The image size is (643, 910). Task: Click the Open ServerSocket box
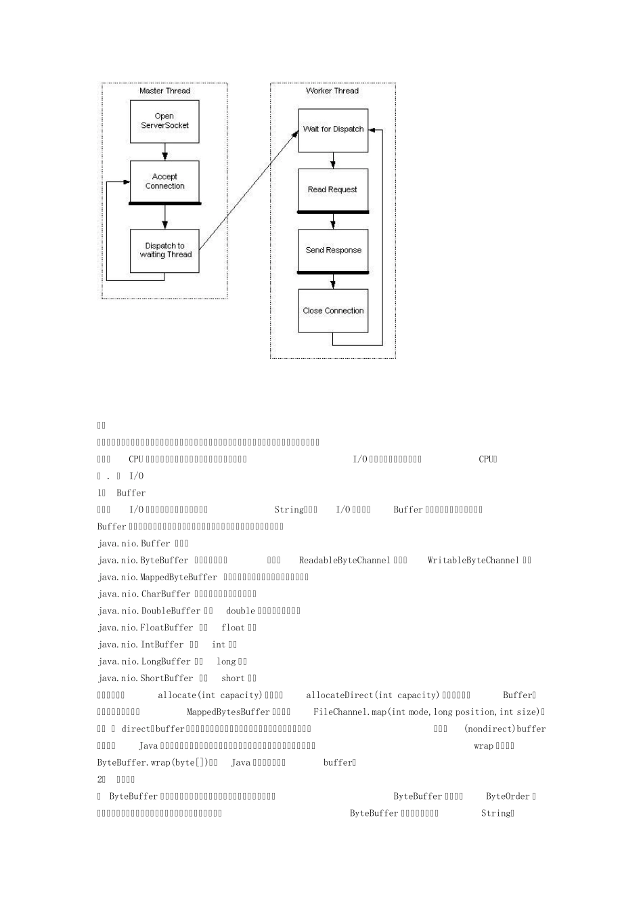164,121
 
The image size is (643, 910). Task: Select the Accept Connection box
164,181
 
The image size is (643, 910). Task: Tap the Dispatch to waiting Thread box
164,251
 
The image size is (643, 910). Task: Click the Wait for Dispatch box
333,129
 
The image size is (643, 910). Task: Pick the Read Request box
332,190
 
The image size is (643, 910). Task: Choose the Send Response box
333,251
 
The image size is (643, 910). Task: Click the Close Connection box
333,311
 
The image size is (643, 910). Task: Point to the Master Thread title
164,91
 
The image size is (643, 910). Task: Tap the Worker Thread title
332,91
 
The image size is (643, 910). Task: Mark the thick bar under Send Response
333,273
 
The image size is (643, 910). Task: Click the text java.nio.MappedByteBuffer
158,578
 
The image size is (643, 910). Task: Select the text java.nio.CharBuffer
144,594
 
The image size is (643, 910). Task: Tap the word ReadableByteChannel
345,561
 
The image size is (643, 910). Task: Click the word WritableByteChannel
473,561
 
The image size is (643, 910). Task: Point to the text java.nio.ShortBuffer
146,678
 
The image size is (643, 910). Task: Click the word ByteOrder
508,797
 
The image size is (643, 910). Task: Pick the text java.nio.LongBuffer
144,662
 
